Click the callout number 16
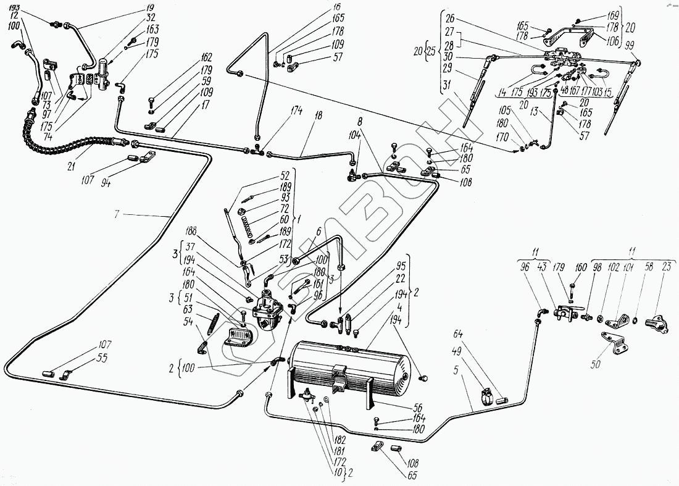point(337,7)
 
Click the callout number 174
point(298,111)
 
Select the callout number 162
point(206,57)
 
